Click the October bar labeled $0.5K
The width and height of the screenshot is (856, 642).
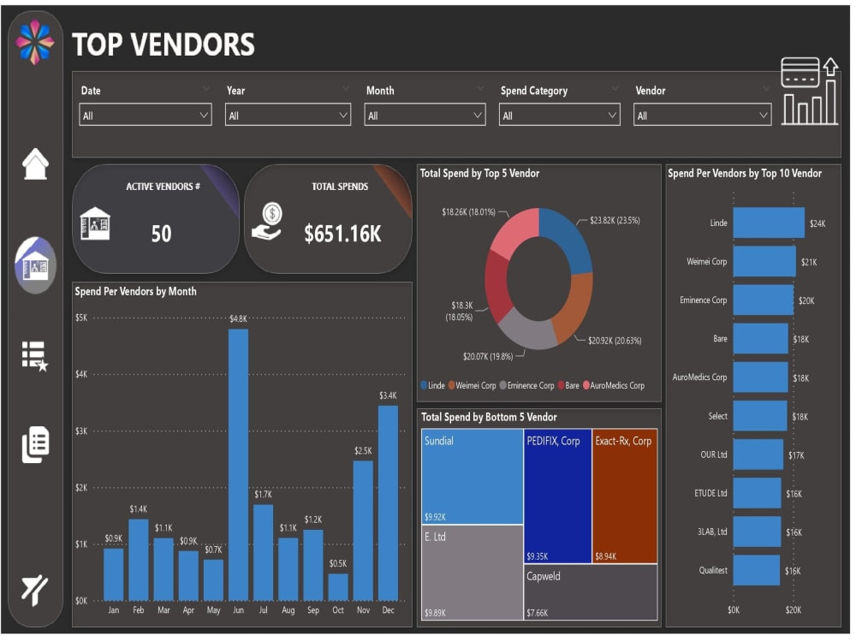(x=338, y=586)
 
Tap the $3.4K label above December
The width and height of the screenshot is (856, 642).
(x=388, y=395)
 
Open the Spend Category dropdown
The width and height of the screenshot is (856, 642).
(x=559, y=116)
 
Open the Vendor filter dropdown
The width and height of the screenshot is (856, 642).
(x=702, y=116)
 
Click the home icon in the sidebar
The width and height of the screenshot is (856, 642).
(x=35, y=164)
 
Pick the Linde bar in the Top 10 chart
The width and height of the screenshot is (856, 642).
(x=768, y=223)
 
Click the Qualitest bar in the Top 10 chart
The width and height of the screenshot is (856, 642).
(x=756, y=570)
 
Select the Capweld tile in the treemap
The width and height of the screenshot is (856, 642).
(x=591, y=591)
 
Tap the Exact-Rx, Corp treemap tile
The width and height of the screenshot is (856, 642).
(x=625, y=496)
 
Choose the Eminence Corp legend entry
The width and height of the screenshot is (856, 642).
(x=526, y=386)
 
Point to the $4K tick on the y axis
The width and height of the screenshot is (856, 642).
(x=81, y=374)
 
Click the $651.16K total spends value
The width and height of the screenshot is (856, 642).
(x=342, y=234)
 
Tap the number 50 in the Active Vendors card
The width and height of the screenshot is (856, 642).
(x=161, y=234)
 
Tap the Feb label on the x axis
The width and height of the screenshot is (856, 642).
(x=138, y=611)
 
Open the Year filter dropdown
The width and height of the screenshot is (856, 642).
(x=288, y=116)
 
